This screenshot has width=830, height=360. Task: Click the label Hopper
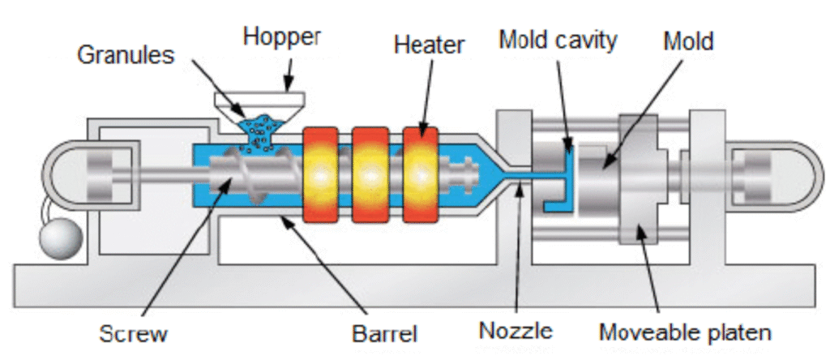tap(282, 37)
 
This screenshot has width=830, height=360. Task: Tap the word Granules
tap(126, 55)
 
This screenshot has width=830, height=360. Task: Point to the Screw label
tap(133, 333)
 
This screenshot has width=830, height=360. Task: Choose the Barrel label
tap(383, 333)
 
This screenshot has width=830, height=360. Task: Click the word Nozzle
tap(516, 331)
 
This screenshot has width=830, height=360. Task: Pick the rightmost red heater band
tap(421, 173)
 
